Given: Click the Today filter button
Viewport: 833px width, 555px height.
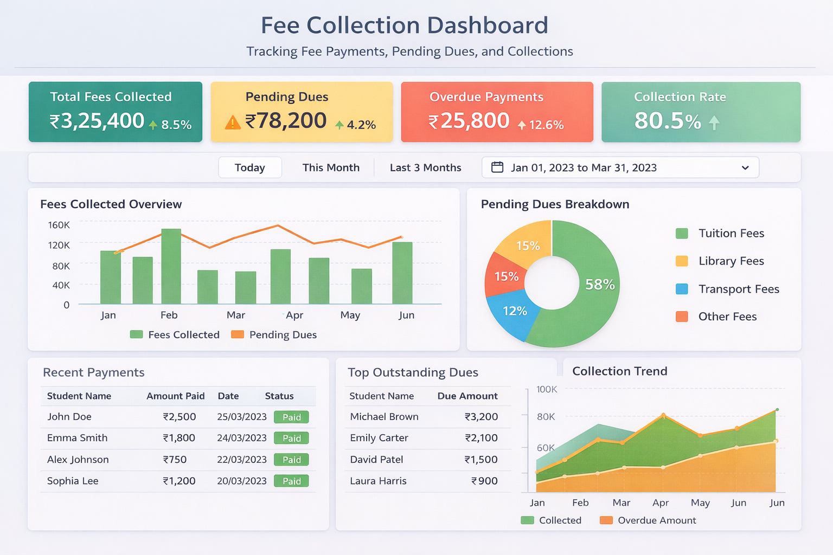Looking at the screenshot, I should [249, 167].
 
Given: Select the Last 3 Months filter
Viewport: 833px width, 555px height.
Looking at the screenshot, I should [425, 167].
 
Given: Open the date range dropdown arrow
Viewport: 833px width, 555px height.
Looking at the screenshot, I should [745, 167].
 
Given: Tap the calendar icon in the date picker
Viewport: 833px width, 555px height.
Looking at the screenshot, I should [497, 167].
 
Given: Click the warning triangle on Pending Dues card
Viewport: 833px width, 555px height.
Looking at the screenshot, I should [233, 123].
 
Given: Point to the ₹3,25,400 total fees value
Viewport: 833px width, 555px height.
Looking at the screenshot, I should [97, 121].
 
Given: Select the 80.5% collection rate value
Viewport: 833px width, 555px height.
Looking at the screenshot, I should [668, 121].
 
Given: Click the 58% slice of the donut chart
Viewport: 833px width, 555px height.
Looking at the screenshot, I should [599, 285].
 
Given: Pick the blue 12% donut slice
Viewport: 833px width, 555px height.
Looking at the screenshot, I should [514, 311].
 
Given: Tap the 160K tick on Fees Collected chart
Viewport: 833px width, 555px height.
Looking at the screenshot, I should [59, 225].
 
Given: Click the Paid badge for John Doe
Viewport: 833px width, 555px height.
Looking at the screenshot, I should [291, 417].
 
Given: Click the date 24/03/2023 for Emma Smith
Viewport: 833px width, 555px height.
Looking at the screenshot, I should [242, 438].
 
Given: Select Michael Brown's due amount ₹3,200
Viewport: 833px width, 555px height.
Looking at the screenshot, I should [481, 417].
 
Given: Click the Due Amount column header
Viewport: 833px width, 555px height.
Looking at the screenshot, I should [467, 396].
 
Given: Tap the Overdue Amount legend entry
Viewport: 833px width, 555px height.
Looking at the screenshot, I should [656, 520].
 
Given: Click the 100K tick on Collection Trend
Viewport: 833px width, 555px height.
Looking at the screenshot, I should [547, 389].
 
